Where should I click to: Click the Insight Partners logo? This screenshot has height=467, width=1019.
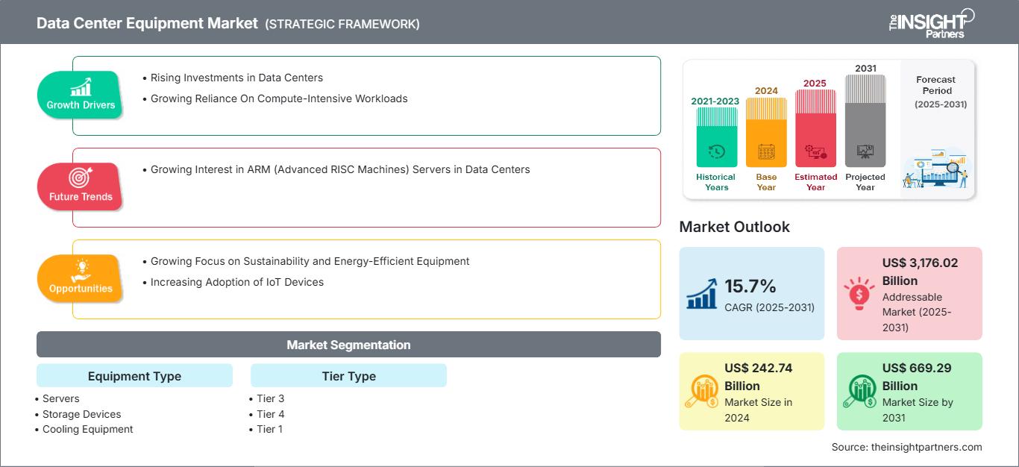click(931, 22)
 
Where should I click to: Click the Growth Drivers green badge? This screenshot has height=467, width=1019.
click(80, 95)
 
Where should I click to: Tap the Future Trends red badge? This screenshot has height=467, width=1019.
click(80, 187)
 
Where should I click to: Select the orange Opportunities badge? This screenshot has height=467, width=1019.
click(80, 278)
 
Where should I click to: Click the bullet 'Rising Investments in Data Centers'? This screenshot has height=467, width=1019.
click(236, 78)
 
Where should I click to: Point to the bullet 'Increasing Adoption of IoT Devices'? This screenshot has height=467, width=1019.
click(236, 282)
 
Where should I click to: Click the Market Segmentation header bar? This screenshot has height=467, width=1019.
click(348, 345)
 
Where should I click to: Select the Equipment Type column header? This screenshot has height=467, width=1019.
click(134, 376)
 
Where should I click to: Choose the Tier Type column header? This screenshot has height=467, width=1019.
click(348, 376)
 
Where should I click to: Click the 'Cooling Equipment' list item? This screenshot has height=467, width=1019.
click(87, 429)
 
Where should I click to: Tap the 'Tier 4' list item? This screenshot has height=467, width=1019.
click(270, 414)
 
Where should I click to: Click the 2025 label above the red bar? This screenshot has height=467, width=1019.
click(815, 83)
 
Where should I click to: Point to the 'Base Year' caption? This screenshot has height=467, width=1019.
click(766, 182)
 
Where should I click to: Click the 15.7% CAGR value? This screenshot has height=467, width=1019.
click(750, 286)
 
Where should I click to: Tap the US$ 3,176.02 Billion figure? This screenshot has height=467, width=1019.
click(919, 272)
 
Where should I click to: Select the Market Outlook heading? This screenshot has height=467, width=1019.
click(734, 227)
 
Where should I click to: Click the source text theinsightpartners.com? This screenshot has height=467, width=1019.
click(906, 447)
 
